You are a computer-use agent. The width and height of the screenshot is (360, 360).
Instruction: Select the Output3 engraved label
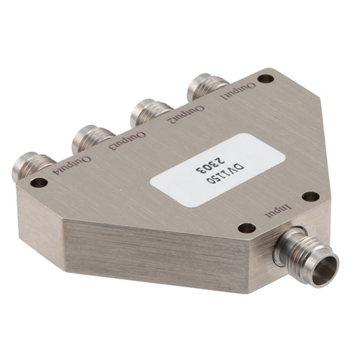127,140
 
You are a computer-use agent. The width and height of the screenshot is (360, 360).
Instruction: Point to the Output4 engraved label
73,166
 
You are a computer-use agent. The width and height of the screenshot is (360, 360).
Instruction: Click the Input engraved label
278,210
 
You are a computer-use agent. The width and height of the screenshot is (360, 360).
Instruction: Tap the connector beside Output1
207,86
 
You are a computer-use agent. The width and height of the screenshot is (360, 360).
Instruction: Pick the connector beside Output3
92,138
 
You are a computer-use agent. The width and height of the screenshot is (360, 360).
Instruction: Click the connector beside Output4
32,165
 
